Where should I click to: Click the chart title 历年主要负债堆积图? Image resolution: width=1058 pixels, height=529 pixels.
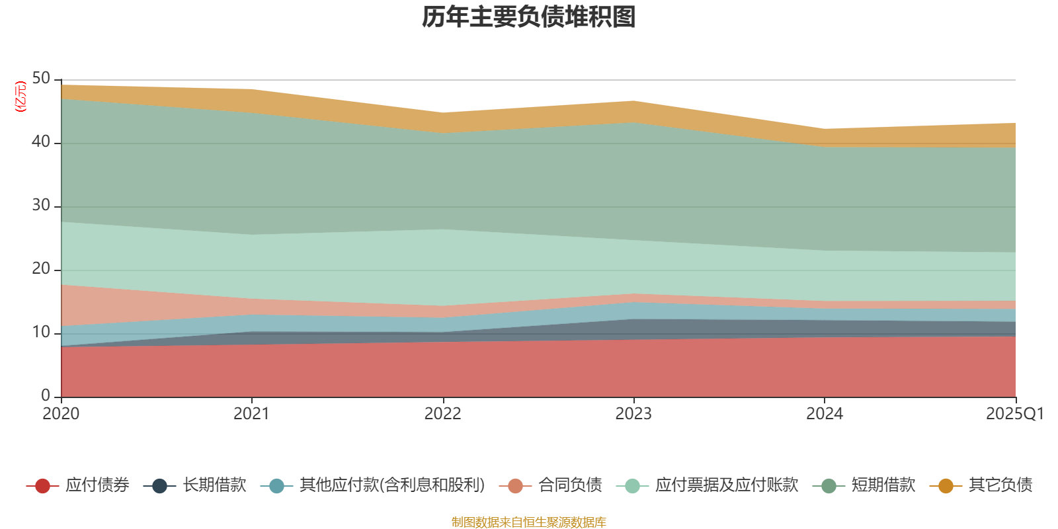pos(529,17)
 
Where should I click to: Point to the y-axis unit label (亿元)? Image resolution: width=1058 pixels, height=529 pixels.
pos(21,97)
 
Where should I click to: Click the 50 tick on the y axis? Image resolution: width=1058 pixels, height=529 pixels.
pos(41,79)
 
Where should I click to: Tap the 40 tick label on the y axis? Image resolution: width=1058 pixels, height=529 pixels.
pos(41,142)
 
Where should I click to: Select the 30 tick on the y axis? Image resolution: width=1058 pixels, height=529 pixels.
pos(41,205)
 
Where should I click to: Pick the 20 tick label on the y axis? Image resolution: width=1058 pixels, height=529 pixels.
pos(41,268)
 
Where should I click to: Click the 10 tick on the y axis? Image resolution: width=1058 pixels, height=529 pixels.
pos(41,332)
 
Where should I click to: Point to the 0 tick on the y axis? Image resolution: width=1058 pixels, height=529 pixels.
pos(46,395)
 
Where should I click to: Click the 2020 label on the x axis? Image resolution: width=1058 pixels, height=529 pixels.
pos(61,414)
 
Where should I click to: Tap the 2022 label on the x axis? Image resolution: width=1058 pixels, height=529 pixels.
pos(442,414)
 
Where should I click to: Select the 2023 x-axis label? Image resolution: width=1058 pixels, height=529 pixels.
pos(633,414)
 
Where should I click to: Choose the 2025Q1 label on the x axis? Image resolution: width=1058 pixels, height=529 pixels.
pos(1014,414)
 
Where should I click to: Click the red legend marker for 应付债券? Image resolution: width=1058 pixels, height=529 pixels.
pos(43,486)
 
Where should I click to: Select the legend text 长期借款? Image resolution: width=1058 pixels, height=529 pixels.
pos(214,485)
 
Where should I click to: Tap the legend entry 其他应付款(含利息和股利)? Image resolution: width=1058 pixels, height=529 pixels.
pos(392,485)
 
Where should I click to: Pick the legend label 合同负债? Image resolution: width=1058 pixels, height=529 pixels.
pos(570,485)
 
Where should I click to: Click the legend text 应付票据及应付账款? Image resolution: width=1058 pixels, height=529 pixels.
pos(726,485)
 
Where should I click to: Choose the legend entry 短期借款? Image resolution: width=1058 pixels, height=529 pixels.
pos(883,485)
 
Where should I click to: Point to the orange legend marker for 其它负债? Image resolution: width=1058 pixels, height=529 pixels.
pos(946,486)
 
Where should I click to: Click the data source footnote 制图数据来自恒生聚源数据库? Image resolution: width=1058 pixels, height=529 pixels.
pos(529,522)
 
